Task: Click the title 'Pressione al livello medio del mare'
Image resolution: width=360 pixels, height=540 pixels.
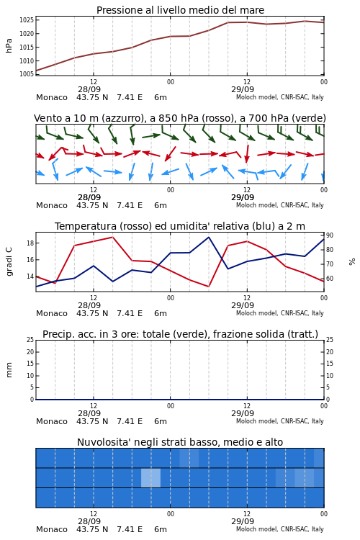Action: [x=180, y=10]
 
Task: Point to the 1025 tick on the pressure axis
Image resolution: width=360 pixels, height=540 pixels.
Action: [x=27, y=20]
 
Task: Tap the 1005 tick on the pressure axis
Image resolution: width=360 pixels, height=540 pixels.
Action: [x=27, y=74]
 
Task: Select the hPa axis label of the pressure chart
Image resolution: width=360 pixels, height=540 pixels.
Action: [x=9, y=45]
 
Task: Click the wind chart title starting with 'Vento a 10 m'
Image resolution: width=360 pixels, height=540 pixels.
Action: [x=180, y=118]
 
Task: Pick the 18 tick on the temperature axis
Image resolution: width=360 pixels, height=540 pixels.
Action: [x=30, y=243]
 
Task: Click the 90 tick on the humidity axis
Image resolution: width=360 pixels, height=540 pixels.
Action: [x=330, y=235]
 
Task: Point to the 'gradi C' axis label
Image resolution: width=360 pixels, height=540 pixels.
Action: [x=9, y=261]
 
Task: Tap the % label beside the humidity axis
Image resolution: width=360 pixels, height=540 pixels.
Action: [x=352, y=262]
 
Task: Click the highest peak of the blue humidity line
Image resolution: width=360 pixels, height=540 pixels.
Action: [x=208, y=237]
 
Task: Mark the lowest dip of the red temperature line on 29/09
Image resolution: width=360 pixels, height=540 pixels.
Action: [x=208, y=287]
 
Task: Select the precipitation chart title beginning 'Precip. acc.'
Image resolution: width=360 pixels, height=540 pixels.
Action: [x=180, y=334]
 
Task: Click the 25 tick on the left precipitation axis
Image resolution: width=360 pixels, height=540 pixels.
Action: [x=30, y=340]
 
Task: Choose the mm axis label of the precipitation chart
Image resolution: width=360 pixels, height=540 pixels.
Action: [x=9, y=370]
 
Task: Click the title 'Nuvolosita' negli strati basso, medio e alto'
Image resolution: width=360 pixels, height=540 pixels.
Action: [x=180, y=442]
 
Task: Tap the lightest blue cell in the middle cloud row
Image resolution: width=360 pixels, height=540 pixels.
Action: [x=151, y=477]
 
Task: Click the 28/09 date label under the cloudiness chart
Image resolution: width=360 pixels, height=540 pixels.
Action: [x=89, y=521]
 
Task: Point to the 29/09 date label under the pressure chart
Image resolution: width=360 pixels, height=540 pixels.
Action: [x=243, y=89]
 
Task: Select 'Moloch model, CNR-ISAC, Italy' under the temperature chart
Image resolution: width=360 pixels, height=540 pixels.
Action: [x=280, y=313]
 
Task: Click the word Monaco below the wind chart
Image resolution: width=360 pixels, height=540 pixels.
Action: [x=52, y=205]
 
